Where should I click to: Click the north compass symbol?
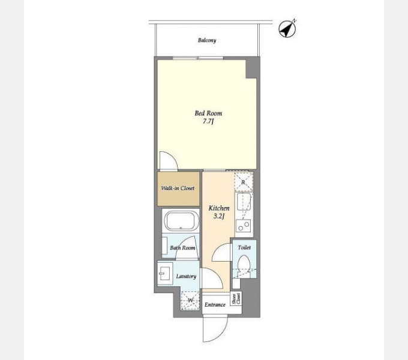pyautogui.click(x=287, y=29)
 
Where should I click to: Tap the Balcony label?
pyautogui.click(x=207, y=40)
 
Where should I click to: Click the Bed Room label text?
pyautogui.click(x=208, y=113)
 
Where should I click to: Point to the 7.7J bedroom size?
pyautogui.click(x=208, y=121)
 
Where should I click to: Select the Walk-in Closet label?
pyautogui.click(x=178, y=188)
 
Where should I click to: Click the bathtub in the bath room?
pyautogui.click(x=181, y=221)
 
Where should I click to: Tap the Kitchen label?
pyautogui.click(x=219, y=208)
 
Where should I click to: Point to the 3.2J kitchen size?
pyautogui.click(x=219, y=216)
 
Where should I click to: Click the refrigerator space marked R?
pyautogui.click(x=243, y=182)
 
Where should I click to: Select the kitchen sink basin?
pyautogui.click(x=244, y=202)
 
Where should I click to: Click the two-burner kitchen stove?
pyautogui.click(x=243, y=226)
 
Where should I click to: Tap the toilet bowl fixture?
pyautogui.click(x=244, y=263)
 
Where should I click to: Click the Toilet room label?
pyautogui.click(x=244, y=247)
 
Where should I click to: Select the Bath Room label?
pyautogui.click(x=182, y=248)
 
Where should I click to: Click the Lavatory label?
pyautogui.click(x=186, y=276)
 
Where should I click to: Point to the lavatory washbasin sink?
pyautogui.click(x=165, y=274)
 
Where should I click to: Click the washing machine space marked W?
pyautogui.click(x=190, y=301)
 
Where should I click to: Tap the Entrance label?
pyautogui.click(x=215, y=305)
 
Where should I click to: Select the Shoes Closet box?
pyautogui.click(x=236, y=299)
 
